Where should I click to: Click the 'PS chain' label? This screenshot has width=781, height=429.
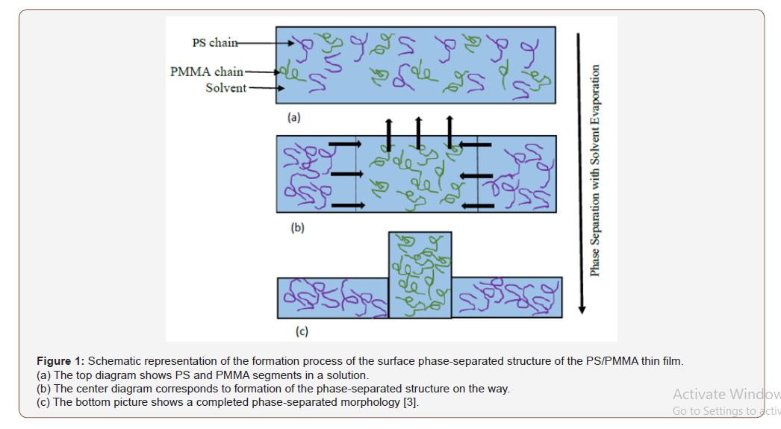click(x=214, y=43)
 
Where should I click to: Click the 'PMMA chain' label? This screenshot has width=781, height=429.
click(x=206, y=72)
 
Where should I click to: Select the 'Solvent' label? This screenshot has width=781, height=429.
click(x=225, y=88)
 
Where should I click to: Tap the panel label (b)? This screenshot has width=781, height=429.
click(x=297, y=228)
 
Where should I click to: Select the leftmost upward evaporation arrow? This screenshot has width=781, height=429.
click(x=388, y=134)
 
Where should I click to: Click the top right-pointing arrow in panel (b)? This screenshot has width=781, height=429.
click(x=343, y=143)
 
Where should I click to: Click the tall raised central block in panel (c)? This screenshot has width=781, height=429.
click(x=420, y=275)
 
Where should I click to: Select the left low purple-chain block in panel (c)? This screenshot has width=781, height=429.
click(x=332, y=298)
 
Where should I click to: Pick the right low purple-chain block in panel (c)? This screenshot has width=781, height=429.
click(x=507, y=298)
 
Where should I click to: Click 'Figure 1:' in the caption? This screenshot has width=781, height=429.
click(x=60, y=361)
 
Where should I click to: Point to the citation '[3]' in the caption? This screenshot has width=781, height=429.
click(x=410, y=403)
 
